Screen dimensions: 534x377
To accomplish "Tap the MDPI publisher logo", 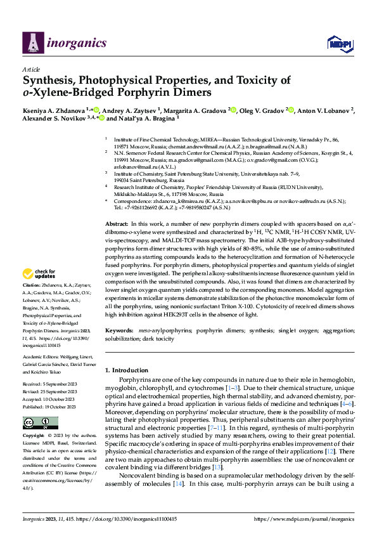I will click(338, 43).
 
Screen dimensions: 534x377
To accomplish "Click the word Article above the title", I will click(31, 70).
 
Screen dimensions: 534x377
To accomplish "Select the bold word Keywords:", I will click(119, 331).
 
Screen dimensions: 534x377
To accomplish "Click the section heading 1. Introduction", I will click(131, 370).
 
